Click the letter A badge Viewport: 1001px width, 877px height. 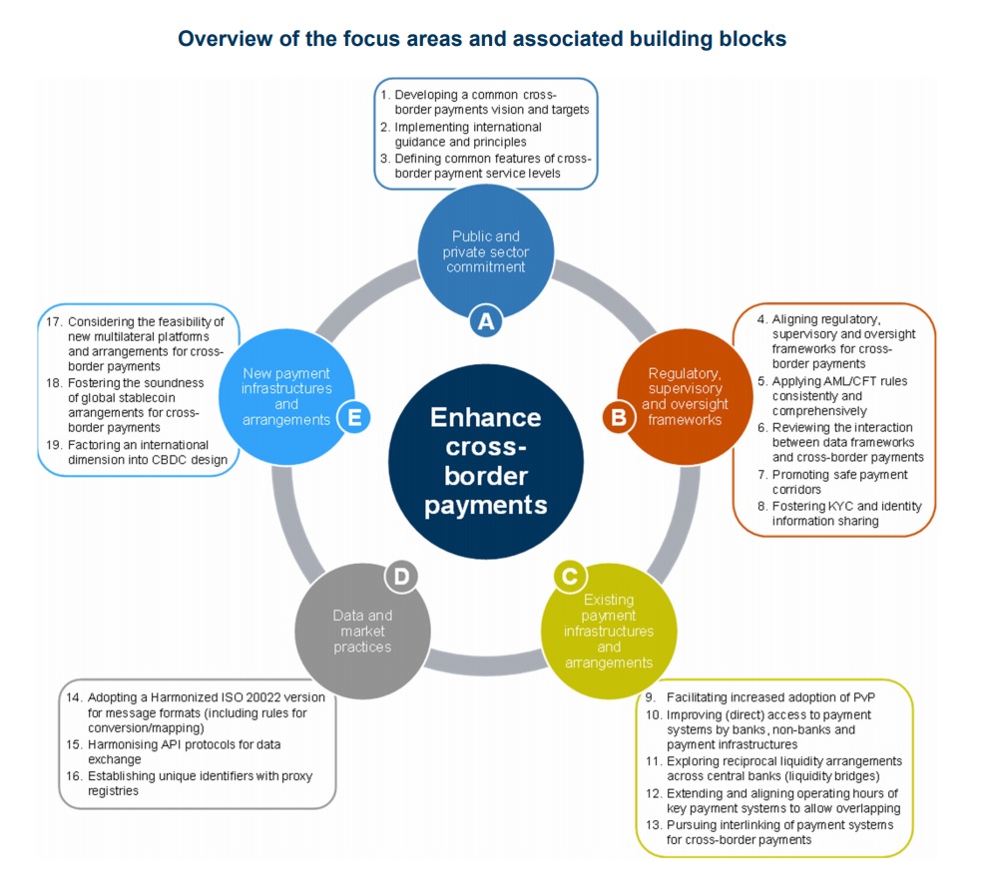pyautogui.click(x=486, y=320)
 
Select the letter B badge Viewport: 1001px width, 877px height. pyautogui.click(x=619, y=418)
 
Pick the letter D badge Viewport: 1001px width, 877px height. pyautogui.click(x=400, y=576)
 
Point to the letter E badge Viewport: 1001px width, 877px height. pyautogui.click(x=353, y=418)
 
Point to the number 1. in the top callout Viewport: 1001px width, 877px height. pyautogui.click(x=385, y=94)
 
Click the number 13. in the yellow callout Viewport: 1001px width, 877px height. pyautogui.click(x=653, y=825)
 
